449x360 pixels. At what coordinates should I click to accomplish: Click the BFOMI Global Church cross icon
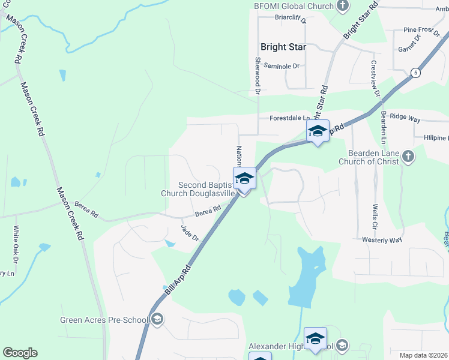pyautogui.click(x=343, y=7)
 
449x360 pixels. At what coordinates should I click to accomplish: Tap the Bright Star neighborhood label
pyautogui.click(x=283, y=47)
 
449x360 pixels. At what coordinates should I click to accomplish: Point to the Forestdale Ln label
pyautogui.click(x=289, y=118)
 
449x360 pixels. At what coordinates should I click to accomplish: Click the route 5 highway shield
pyautogui.click(x=415, y=73)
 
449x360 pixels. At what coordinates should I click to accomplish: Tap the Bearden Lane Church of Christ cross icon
pyautogui.click(x=408, y=157)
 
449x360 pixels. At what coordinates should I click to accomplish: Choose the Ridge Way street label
pyautogui.click(x=405, y=118)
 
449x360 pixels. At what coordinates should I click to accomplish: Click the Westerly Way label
pyautogui.click(x=381, y=240)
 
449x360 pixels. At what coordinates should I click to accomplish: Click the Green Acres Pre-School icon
pyautogui.click(x=157, y=319)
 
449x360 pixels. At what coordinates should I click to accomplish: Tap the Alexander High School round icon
pyautogui.click(x=342, y=345)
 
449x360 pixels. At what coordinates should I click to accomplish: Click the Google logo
pyautogui.click(x=20, y=353)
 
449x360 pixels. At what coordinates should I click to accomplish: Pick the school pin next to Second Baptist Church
pyautogui.click(x=245, y=179)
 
